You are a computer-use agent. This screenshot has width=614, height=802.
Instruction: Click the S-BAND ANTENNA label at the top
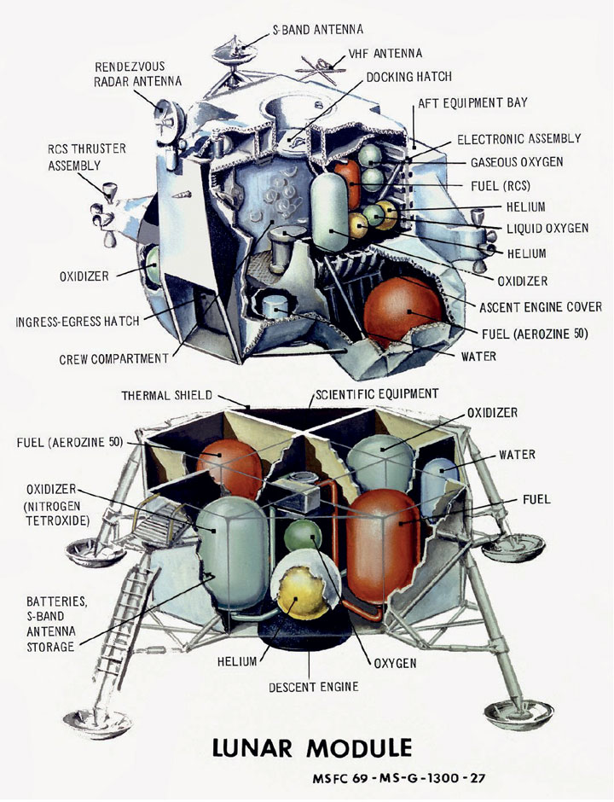tap(317, 30)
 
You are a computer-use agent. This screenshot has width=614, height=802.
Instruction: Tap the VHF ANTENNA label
tap(385, 54)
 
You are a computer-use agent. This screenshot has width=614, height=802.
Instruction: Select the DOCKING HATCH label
tap(409, 78)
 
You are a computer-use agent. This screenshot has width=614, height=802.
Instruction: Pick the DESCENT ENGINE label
tap(314, 687)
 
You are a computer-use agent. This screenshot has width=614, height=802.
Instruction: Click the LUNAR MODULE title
tap(312, 747)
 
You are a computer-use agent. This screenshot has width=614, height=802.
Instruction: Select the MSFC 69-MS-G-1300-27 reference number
tap(398, 778)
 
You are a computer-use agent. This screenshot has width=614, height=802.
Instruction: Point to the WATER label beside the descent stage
tap(517, 455)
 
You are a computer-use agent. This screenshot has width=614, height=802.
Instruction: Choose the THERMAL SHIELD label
tap(166, 395)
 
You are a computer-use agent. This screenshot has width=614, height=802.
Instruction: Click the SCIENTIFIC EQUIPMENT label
tap(377, 394)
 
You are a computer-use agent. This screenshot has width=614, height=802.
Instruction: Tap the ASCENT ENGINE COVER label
tap(541, 307)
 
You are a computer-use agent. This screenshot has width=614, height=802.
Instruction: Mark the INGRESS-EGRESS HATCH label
tap(78, 322)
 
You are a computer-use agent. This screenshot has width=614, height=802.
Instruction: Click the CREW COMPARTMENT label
tap(113, 359)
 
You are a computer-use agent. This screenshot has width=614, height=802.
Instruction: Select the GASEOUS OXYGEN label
tap(517, 163)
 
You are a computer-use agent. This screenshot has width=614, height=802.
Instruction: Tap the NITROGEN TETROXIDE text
tap(58, 514)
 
